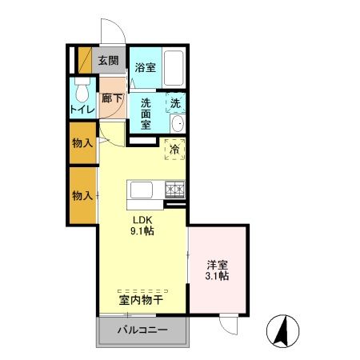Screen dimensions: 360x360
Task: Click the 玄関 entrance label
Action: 108,60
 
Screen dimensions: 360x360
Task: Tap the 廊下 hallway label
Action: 111,99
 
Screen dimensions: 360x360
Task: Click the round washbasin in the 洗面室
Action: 177,123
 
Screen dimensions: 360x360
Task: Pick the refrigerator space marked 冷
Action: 174,148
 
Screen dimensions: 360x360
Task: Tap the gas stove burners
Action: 174,191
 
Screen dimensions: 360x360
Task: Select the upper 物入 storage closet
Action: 80,142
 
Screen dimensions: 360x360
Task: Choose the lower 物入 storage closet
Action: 80,195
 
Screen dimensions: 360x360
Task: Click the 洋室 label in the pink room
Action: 217,263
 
